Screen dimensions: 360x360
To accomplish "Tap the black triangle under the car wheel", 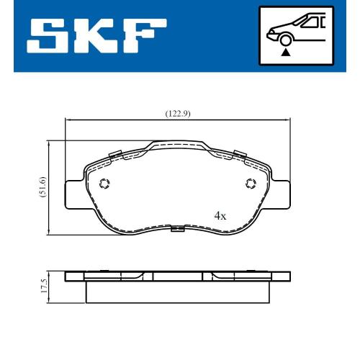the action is [286, 53].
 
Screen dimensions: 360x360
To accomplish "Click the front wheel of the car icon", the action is [285, 40].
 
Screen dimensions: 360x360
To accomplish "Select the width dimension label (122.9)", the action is [178, 114].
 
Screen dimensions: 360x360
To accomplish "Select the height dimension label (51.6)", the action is [42, 187].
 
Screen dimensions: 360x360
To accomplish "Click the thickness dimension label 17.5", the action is [44, 286].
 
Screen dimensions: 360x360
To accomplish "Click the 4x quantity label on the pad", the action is [220, 216].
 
